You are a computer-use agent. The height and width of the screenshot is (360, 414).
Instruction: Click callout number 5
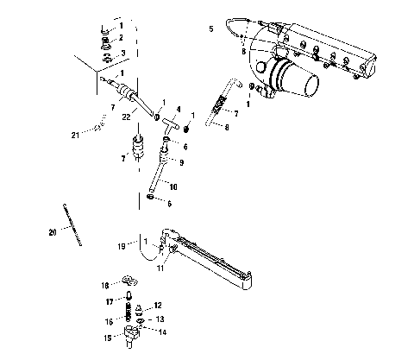pos(210,29)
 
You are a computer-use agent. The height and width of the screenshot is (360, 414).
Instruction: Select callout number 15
pos(107,338)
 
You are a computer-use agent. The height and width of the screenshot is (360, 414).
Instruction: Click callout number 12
pos(158,306)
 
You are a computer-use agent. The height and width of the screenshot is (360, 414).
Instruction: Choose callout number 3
pos(122,53)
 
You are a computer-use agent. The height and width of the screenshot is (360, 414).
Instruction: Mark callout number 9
pos(182,161)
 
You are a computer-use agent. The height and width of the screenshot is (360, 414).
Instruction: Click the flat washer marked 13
pos(143,319)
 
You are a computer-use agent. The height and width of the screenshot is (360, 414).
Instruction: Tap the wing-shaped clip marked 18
pos(130,282)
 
